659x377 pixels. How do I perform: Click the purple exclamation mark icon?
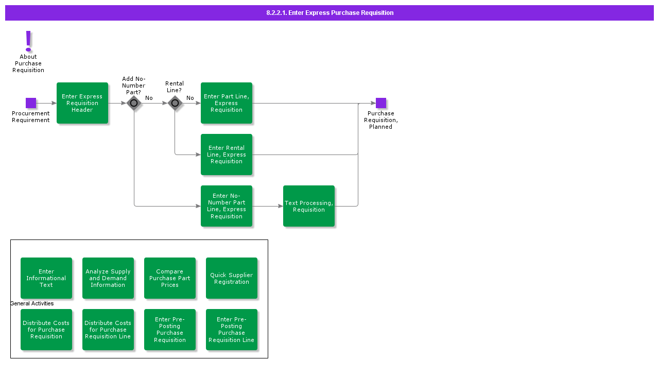[x=28, y=41]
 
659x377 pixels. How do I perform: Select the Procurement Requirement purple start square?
[x=31, y=103]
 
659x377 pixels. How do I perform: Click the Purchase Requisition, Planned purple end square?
[x=381, y=103]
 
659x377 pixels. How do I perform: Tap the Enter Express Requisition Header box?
[x=82, y=103]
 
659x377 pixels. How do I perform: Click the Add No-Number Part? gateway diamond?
[x=134, y=103]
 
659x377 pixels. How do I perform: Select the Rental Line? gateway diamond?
[x=175, y=103]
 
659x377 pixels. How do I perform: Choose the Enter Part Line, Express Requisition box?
[x=227, y=103]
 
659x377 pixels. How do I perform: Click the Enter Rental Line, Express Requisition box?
[x=227, y=155]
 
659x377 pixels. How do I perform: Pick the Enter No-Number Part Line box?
[x=227, y=206]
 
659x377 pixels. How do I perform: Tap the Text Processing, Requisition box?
[x=309, y=206]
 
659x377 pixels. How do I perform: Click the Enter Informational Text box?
[x=46, y=278]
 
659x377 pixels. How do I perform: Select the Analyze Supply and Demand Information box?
[x=108, y=278]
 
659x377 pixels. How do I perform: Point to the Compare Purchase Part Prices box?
[x=170, y=278]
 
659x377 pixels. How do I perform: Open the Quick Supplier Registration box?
[x=232, y=278]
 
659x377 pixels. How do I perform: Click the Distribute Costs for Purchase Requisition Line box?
[x=108, y=330]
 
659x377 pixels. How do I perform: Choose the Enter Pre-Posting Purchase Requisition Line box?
[x=232, y=330]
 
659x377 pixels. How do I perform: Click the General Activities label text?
[x=32, y=303]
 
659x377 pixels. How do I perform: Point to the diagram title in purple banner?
[x=329, y=13]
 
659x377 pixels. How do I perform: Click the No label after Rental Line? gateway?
[x=190, y=98]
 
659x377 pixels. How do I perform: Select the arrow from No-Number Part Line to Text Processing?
[x=268, y=206]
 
